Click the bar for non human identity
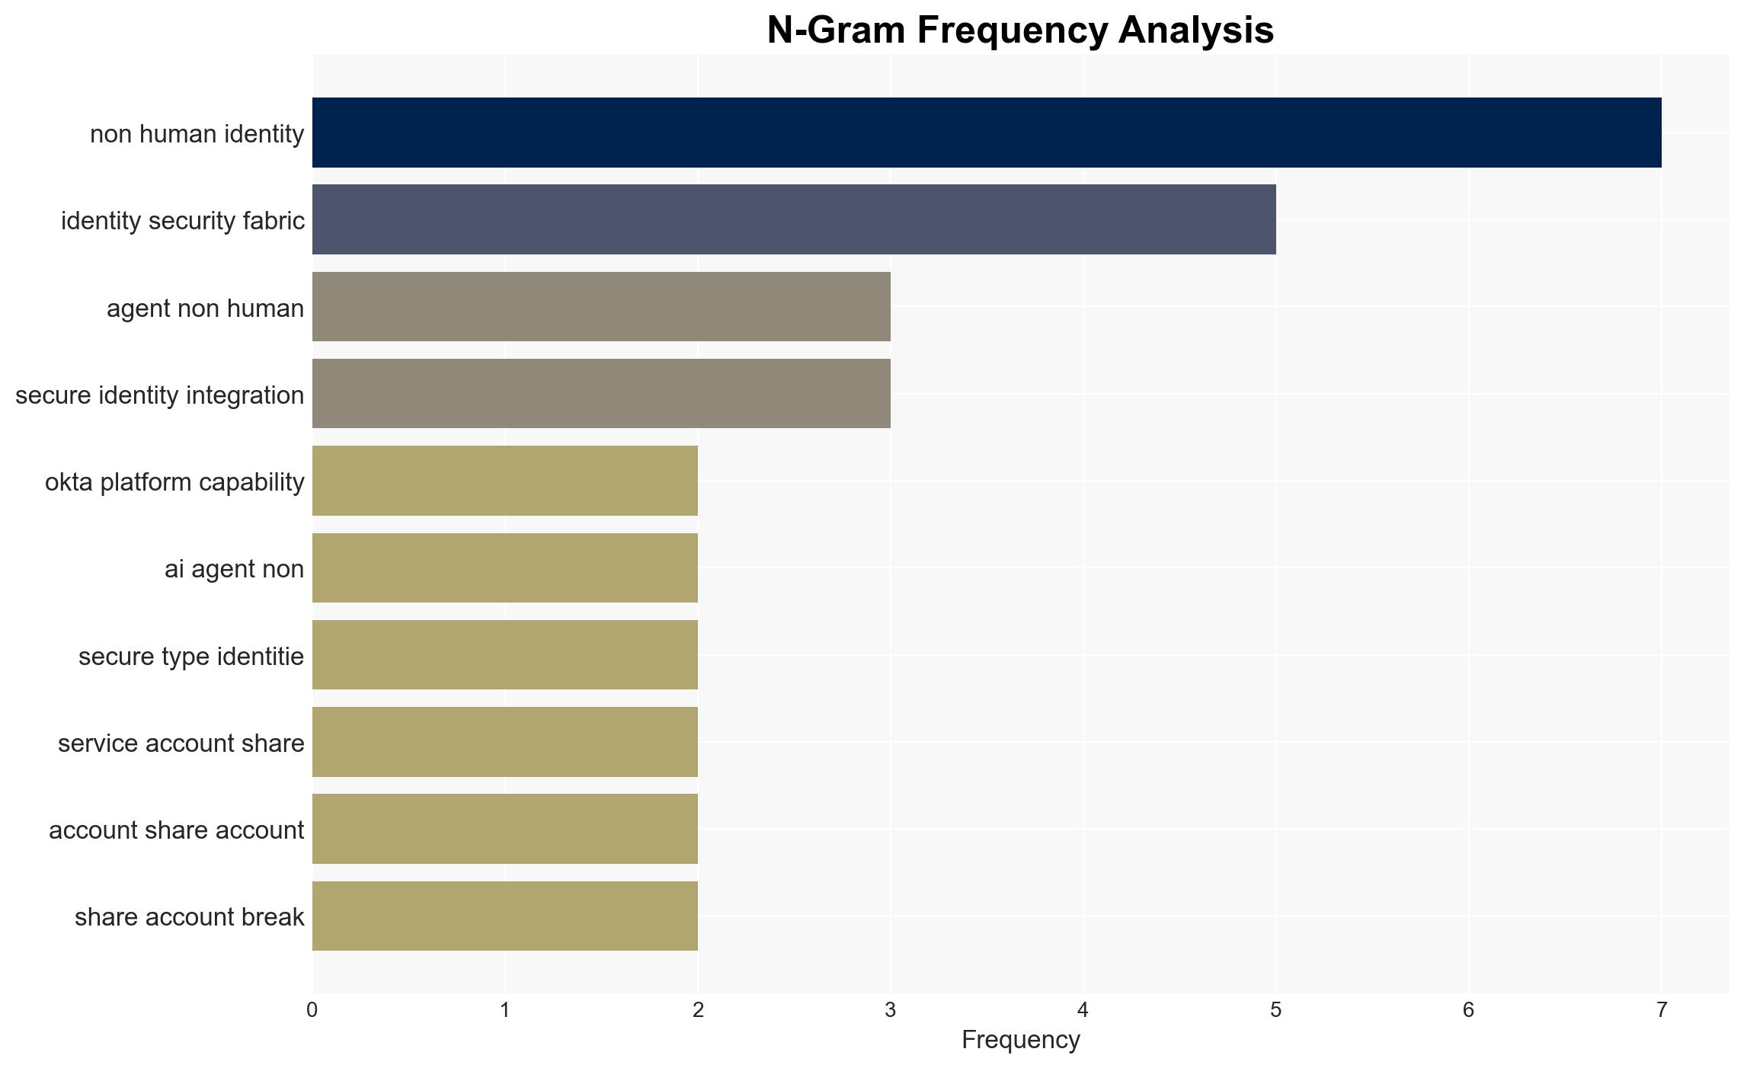[x=987, y=133]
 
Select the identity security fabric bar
[x=794, y=219]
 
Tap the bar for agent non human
[x=601, y=307]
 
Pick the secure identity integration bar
[x=601, y=394]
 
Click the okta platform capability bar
[x=505, y=481]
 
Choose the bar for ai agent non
[x=505, y=568]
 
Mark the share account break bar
[x=505, y=916]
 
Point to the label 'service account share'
[x=181, y=743]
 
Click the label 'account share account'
[x=177, y=830]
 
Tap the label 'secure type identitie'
[x=191, y=656]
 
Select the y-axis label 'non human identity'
[x=197, y=134]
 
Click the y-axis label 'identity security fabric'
[x=183, y=221]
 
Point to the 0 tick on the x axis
[x=312, y=1010]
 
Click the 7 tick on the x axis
[x=1662, y=1010]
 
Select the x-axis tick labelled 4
[x=1083, y=1010]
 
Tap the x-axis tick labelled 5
[x=1276, y=1010]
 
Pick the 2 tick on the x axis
[x=698, y=1010]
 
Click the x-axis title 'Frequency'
[x=1021, y=1040]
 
